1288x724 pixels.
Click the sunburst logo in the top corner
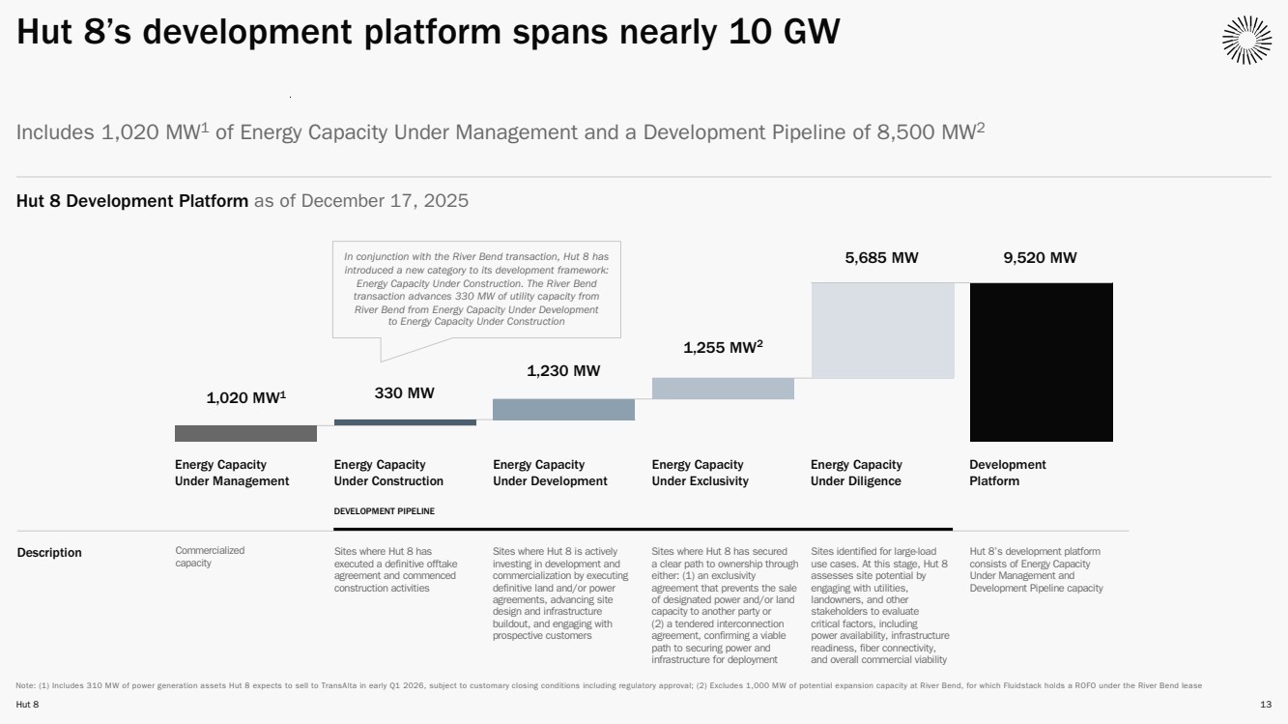[x=1246, y=41]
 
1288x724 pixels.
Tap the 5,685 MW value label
[x=882, y=258]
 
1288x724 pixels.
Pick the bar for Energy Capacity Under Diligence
[x=882, y=330]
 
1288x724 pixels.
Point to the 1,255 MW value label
[x=723, y=348]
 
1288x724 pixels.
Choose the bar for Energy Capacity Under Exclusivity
[x=723, y=388]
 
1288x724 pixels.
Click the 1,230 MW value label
[x=563, y=370]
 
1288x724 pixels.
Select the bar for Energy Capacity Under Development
[x=563, y=409]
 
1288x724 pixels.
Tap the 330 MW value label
[x=404, y=392]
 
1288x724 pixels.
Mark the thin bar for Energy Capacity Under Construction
[x=405, y=422]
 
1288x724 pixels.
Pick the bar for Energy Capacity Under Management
[x=245, y=433]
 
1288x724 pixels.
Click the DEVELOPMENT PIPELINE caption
[x=384, y=510]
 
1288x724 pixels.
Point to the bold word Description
[x=49, y=553]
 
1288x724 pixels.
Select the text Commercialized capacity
[x=210, y=557]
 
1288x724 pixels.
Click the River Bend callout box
[x=476, y=289]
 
